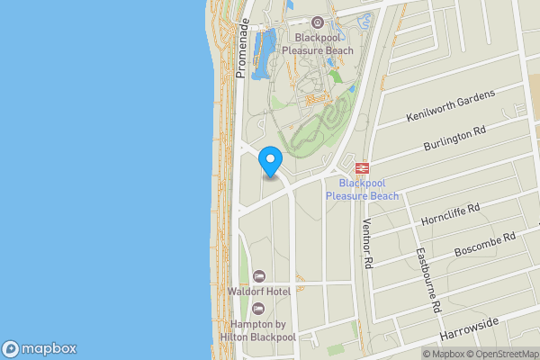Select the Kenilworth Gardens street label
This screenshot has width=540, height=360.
coord(450,106)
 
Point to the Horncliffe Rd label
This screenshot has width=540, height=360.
coord(450,214)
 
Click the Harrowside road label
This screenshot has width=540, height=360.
coord(469,328)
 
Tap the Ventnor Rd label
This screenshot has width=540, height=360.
coord(367,246)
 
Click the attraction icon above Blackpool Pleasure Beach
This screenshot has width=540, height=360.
coord(316,22)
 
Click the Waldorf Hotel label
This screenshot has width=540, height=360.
coord(258,292)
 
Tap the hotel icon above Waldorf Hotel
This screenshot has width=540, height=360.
coord(259,275)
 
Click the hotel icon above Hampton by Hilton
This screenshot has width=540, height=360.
coord(259,309)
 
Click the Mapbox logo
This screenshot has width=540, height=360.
coord(40,349)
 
